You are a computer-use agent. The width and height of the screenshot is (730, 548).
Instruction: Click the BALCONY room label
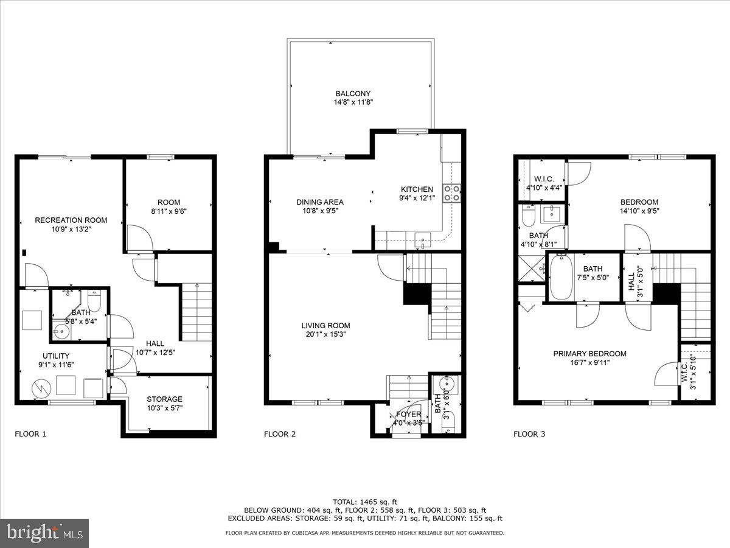(x=353, y=94)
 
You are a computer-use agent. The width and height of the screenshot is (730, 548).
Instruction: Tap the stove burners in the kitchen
(x=452, y=193)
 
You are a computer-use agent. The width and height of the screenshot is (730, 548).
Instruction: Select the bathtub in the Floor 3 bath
(x=561, y=277)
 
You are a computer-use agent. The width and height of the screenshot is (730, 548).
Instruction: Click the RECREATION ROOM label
(x=71, y=220)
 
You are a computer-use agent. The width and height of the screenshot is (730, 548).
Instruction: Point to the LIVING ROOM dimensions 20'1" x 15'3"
(x=328, y=334)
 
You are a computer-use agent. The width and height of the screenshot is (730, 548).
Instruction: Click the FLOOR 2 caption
(x=280, y=434)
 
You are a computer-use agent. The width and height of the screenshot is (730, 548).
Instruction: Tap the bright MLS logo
(x=44, y=533)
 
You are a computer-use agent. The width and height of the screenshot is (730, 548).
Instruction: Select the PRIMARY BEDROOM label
(x=589, y=354)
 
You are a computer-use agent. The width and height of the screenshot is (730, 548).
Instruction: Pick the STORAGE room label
(x=164, y=399)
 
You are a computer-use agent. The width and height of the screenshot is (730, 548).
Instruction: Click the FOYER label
(x=408, y=415)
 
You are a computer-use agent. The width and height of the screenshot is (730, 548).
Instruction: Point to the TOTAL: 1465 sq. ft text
(x=365, y=501)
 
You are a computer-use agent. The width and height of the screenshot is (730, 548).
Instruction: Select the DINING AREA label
(x=320, y=202)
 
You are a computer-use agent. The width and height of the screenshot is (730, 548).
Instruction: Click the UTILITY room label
(x=56, y=356)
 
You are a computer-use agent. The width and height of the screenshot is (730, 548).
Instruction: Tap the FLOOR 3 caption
(x=529, y=434)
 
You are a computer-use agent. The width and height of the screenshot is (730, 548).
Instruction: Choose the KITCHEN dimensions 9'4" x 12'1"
(x=417, y=198)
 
